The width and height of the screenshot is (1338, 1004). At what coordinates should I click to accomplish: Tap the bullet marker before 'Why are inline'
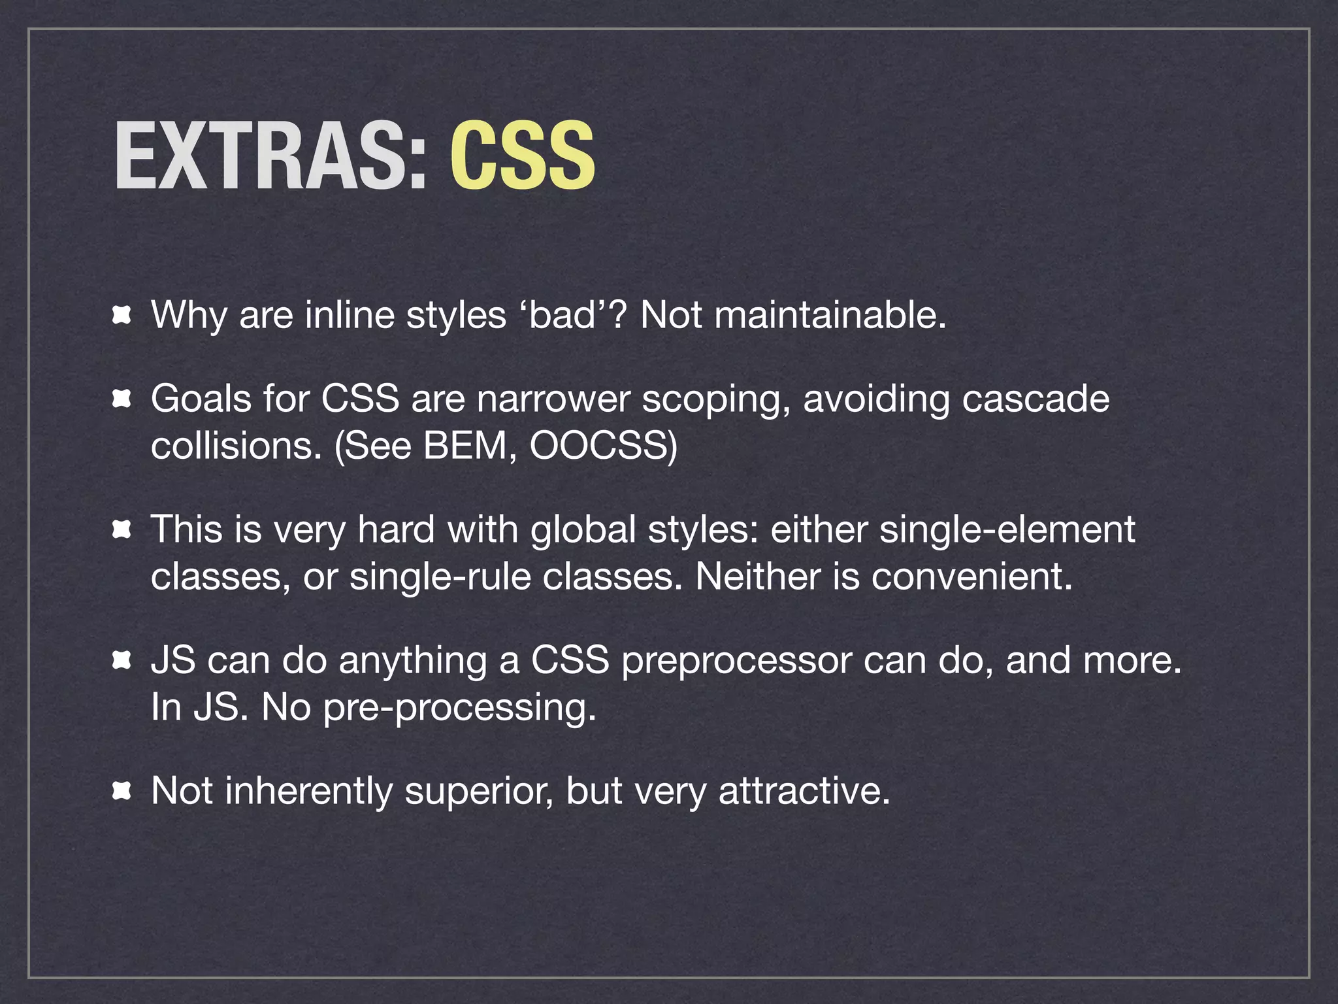[x=122, y=316]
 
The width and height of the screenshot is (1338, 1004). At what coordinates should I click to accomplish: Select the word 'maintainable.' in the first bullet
[x=830, y=315]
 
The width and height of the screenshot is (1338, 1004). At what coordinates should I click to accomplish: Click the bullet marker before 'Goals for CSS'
[x=122, y=399]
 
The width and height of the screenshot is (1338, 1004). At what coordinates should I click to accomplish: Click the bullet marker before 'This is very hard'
[x=122, y=530]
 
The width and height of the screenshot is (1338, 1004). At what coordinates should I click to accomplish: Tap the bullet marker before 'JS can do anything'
[x=122, y=661]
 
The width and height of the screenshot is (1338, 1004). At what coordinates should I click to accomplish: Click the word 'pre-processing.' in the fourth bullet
[x=460, y=708]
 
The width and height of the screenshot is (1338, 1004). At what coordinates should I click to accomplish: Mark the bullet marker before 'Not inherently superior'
[x=122, y=792]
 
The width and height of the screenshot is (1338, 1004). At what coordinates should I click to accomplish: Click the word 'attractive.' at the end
[x=804, y=791]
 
